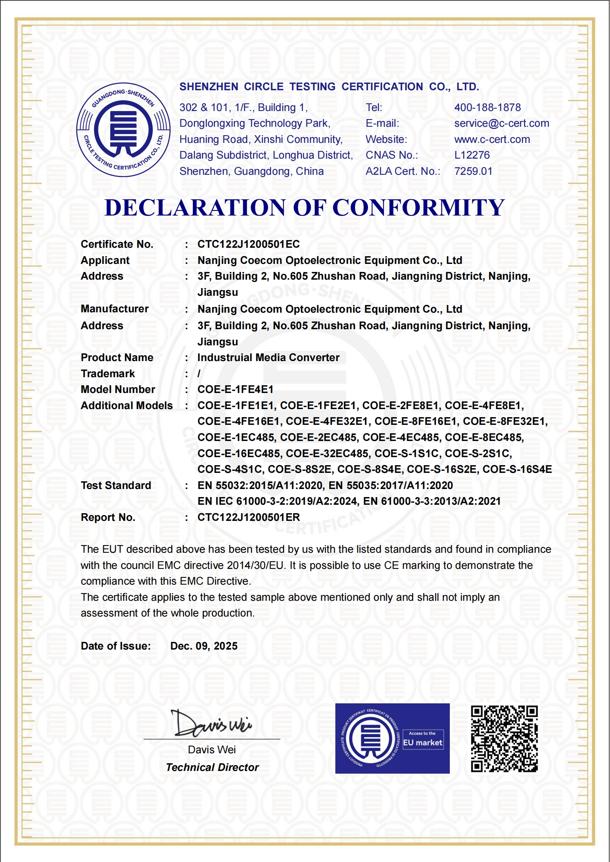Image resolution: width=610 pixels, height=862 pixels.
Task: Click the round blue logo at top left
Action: pyautogui.click(x=123, y=130)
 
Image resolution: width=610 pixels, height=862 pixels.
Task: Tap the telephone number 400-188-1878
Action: pyautogui.click(x=487, y=108)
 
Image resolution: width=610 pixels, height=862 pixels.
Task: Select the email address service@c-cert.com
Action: pyautogui.click(x=502, y=123)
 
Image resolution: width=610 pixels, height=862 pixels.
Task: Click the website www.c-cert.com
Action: pyautogui.click(x=492, y=139)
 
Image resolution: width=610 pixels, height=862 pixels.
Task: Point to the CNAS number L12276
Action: pyautogui.click(x=472, y=155)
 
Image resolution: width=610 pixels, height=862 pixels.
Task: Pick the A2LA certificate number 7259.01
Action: pyautogui.click(x=473, y=171)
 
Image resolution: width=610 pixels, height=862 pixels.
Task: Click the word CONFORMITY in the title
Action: pyautogui.click(x=418, y=208)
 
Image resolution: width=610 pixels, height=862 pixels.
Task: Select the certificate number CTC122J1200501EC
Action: pyautogui.click(x=249, y=244)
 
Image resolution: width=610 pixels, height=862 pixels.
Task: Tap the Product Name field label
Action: pyautogui.click(x=117, y=358)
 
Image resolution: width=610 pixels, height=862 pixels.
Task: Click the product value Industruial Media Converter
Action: pyautogui.click(x=269, y=358)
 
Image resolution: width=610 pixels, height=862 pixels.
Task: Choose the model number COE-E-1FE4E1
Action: pyautogui.click(x=235, y=390)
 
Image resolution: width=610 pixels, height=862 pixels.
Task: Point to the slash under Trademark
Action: pyautogui.click(x=199, y=374)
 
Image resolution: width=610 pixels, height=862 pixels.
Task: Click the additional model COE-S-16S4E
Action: pyautogui.click(x=517, y=469)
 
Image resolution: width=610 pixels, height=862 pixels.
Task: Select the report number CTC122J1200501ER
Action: pyautogui.click(x=249, y=517)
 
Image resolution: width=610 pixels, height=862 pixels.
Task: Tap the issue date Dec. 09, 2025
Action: pyautogui.click(x=204, y=646)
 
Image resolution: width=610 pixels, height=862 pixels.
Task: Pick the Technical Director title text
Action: pyautogui.click(x=212, y=768)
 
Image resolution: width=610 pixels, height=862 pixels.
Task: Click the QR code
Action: pyautogui.click(x=504, y=739)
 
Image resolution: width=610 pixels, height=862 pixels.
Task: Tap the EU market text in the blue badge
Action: pyautogui.click(x=423, y=743)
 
